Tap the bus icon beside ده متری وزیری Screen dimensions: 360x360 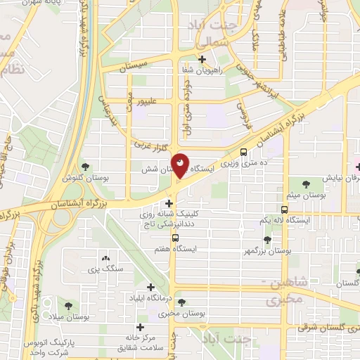[x=243, y=151]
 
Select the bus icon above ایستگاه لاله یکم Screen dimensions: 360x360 [x=285, y=209]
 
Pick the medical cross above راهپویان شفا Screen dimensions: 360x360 [x=202, y=59]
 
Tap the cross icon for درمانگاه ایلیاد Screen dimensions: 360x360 [x=150, y=287]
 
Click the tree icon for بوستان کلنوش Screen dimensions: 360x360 [x=86, y=167]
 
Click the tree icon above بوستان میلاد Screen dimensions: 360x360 [x=68, y=306]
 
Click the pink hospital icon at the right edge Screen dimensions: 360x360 [x=357, y=167]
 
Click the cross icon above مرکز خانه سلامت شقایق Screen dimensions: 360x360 [x=141, y=327]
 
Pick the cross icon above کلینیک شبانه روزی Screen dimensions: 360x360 [x=169, y=203]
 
